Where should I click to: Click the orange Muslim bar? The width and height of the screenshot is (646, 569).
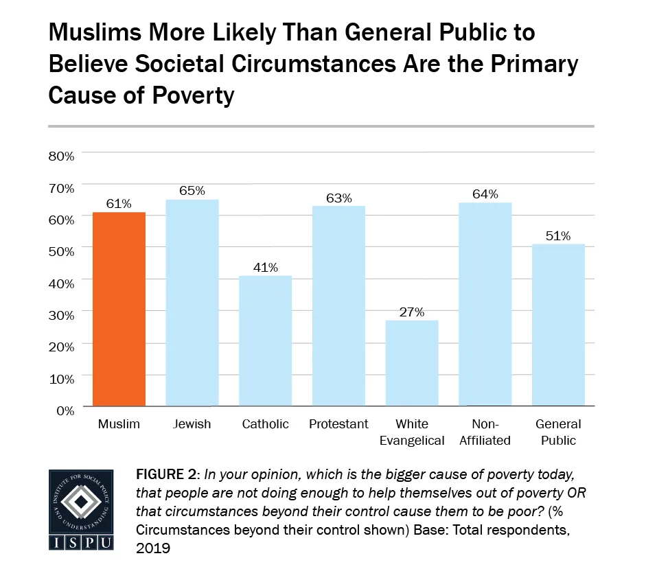(x=119, y=309)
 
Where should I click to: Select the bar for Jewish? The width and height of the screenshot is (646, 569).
(x=192, y=302)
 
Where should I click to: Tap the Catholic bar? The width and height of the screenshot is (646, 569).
(x=265, y=340)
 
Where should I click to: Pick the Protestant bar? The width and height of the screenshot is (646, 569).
(x=338, y=305)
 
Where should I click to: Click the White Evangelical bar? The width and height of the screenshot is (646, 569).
(x=412, y=363)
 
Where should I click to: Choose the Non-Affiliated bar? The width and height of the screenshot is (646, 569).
(x=485, y=304)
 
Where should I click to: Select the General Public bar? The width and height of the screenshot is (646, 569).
(x=558, y=325)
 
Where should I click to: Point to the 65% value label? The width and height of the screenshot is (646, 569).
(x=192, y=191)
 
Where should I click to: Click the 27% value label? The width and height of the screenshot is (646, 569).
(x=412, y=312)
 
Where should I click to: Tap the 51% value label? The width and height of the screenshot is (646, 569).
(x=558, y=235)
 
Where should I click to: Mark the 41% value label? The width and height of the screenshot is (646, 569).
(x=265, y=267)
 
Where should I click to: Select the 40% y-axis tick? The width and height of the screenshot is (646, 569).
(x=60, y=283)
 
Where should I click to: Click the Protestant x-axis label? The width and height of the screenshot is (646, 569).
(x=338, y=424)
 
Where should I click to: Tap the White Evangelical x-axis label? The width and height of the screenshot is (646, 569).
(x=412, y=432)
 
